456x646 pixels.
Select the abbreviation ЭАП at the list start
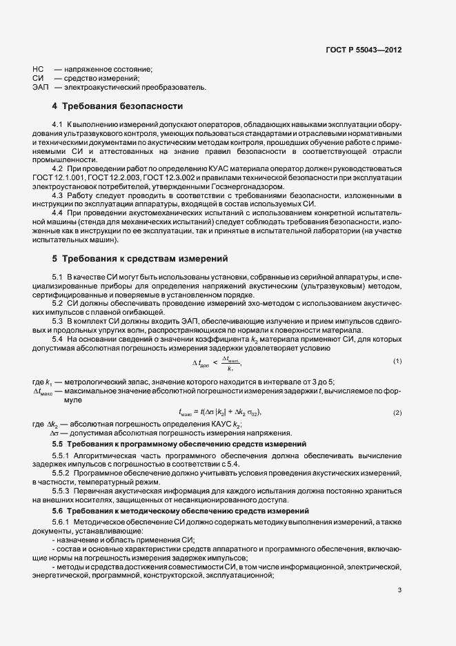[40, 88]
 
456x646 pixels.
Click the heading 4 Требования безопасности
[117, 107]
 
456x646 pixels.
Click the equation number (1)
[397, 362]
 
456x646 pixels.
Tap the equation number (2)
[397, 412]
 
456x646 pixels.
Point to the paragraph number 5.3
[59, 321]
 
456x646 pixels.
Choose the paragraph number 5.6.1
[62, 522]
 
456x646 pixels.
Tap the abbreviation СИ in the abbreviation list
[38, 79]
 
